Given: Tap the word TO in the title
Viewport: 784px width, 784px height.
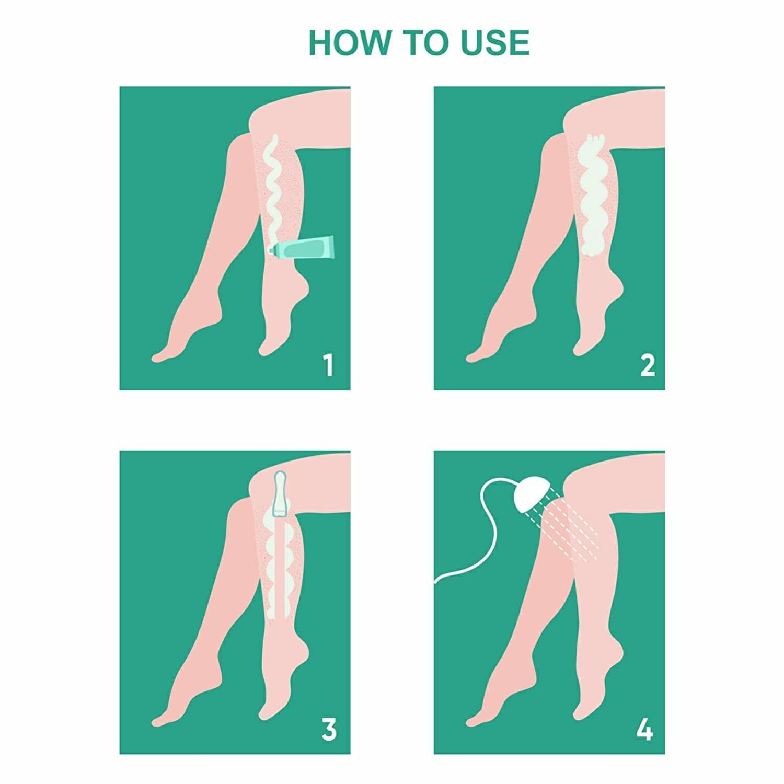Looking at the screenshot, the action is coord(422,43).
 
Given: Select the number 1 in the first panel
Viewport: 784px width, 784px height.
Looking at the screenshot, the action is coord(328,365).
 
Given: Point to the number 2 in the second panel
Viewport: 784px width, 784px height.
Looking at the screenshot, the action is coord(647,365).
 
